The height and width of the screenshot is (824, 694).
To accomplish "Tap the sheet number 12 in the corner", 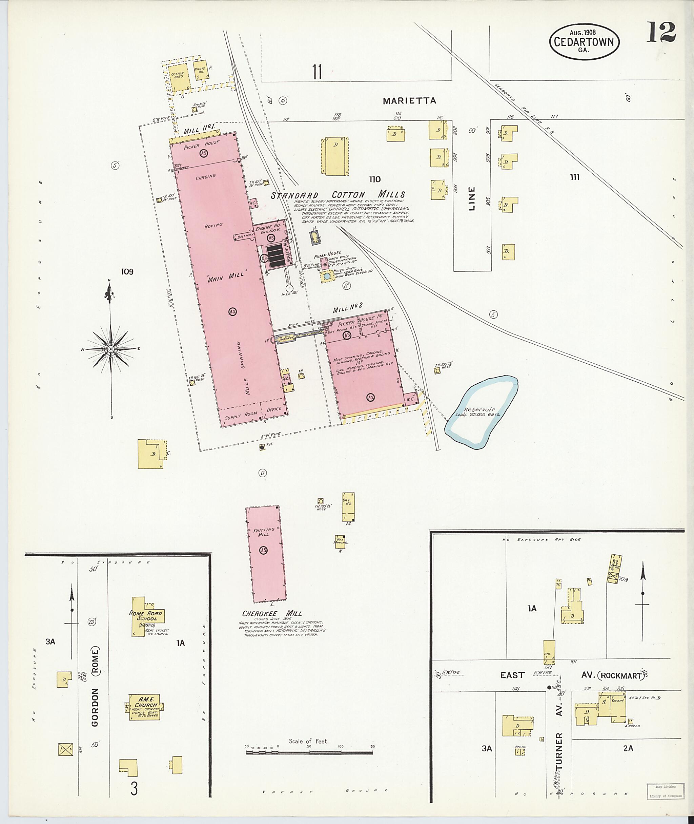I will [x=660, y=32].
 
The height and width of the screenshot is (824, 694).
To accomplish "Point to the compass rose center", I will [x=111, y=349].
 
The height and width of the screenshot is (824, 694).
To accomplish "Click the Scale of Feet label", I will [x=308, y=741].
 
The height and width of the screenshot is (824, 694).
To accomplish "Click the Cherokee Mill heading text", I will [x=272, y=614].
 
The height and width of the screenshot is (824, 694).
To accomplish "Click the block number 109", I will [x=127, y=272].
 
